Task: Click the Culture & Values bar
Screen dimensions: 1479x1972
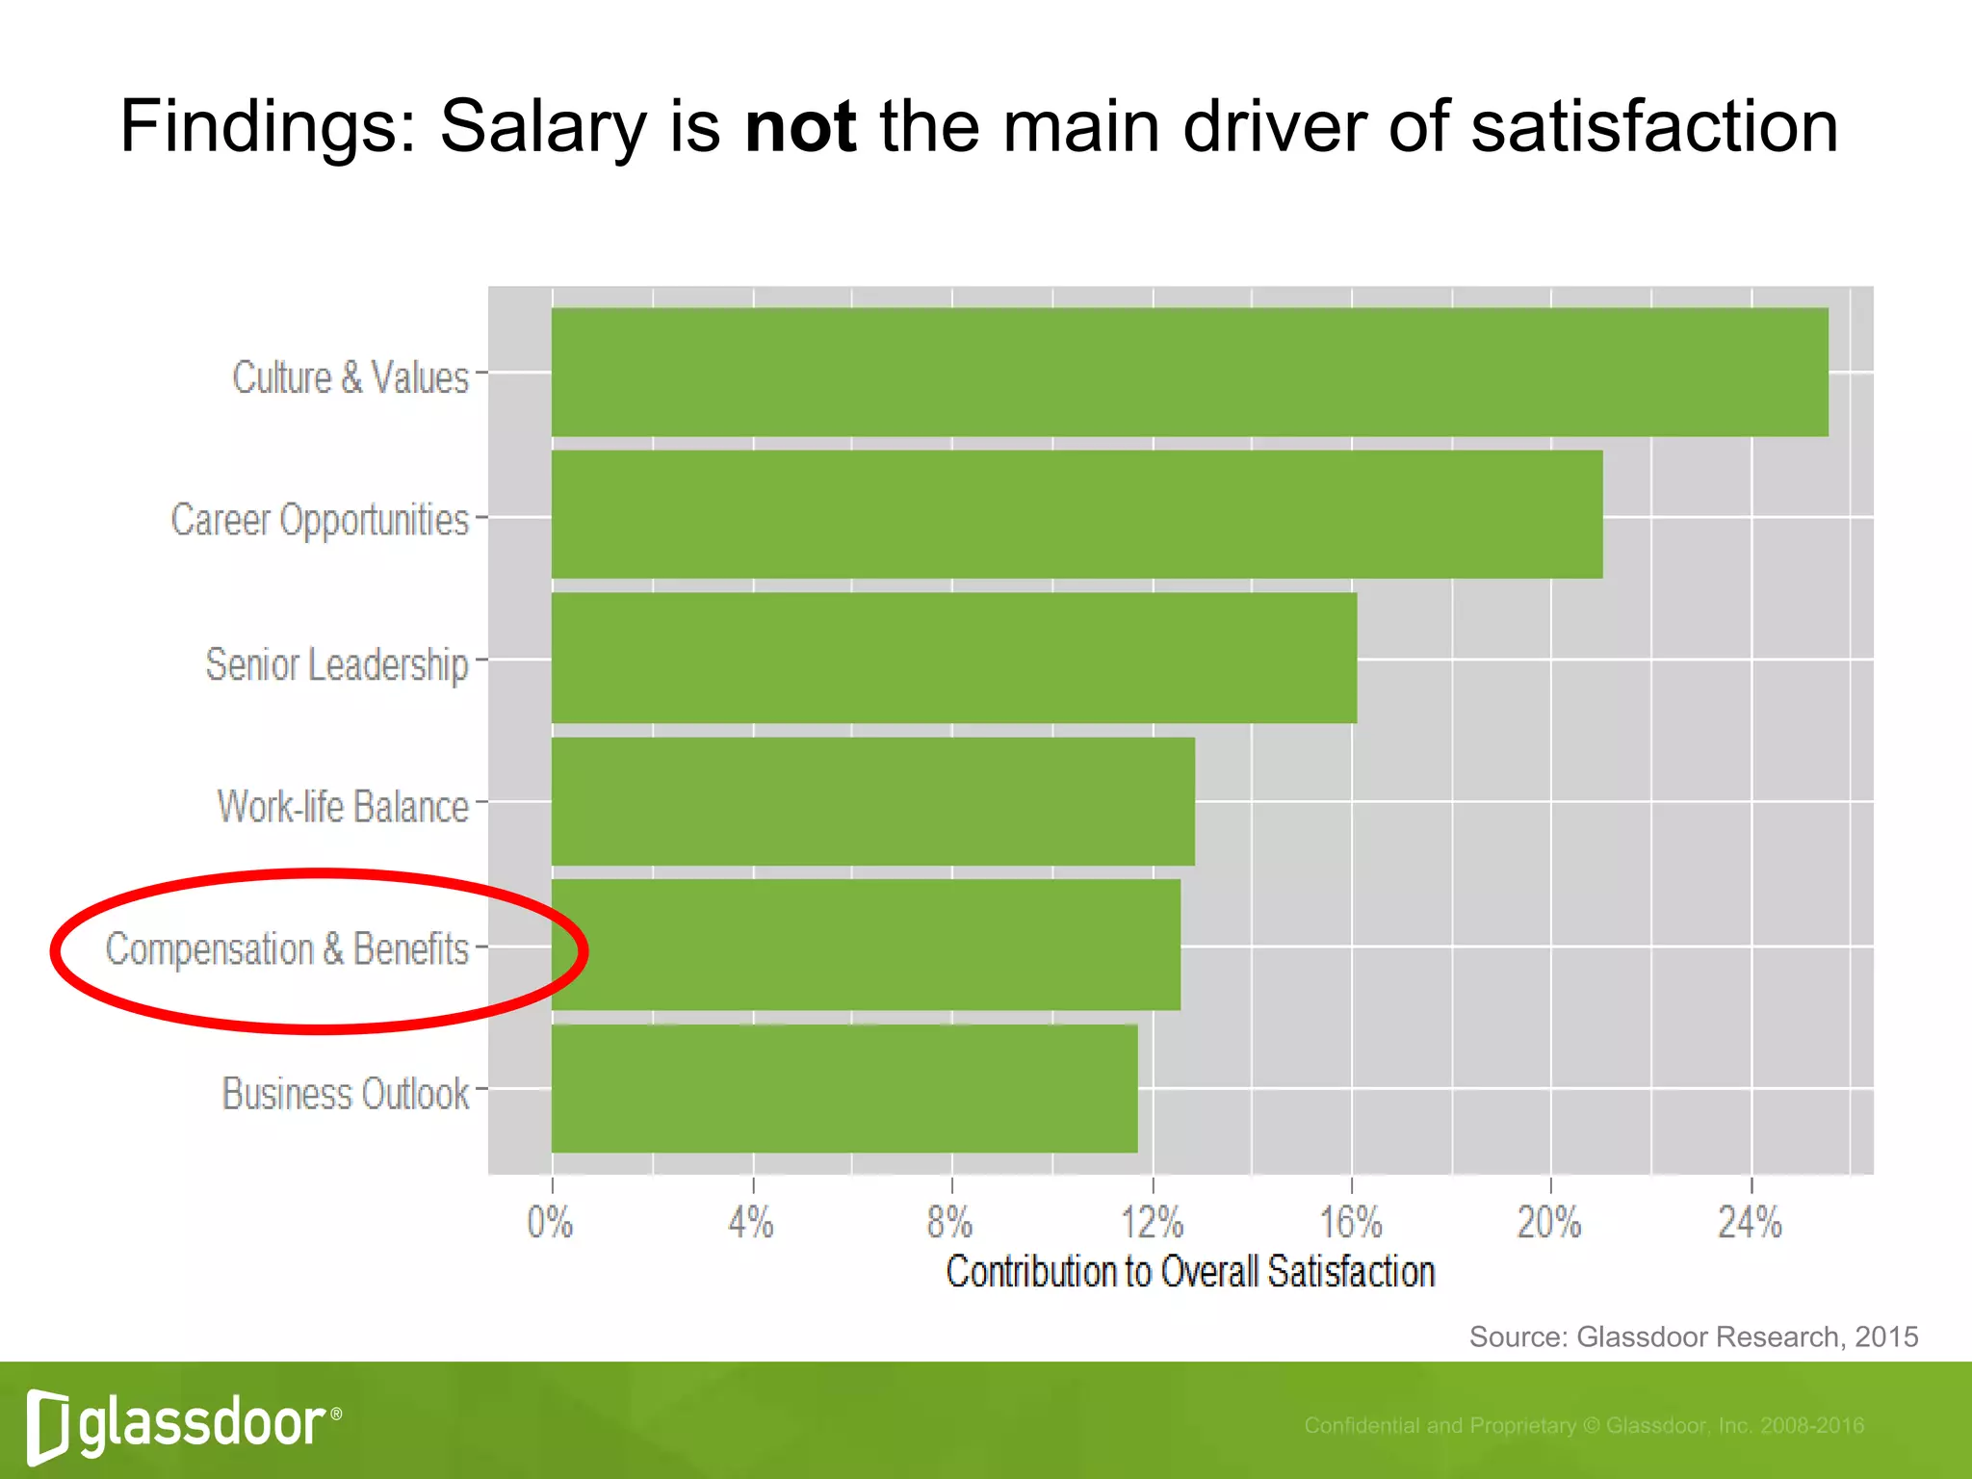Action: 1189,372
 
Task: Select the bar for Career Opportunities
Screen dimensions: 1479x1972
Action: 1077,514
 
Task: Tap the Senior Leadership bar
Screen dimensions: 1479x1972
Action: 953,658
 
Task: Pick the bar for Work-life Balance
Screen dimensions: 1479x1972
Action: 872,801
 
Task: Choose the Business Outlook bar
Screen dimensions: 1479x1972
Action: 843,1088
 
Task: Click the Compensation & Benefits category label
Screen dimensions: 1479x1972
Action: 287,949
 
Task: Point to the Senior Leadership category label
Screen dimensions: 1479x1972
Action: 336,664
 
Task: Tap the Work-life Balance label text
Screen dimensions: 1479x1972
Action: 343,807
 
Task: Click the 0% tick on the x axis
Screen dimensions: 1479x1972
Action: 550,1223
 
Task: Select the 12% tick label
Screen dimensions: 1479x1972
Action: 1152,1223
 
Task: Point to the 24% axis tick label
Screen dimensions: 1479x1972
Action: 1750,1223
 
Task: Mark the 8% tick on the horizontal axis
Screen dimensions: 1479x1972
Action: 949,1223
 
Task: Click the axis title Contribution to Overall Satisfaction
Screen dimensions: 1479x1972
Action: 1190,1272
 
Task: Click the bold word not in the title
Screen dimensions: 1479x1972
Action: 800,126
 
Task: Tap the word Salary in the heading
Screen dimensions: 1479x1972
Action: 543,126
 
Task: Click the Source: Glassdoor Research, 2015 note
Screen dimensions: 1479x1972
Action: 1693,1336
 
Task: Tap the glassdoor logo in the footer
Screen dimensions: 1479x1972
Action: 183,1423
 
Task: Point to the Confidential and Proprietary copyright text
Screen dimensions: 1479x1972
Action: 1584,1425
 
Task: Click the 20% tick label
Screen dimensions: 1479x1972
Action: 1548,1223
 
